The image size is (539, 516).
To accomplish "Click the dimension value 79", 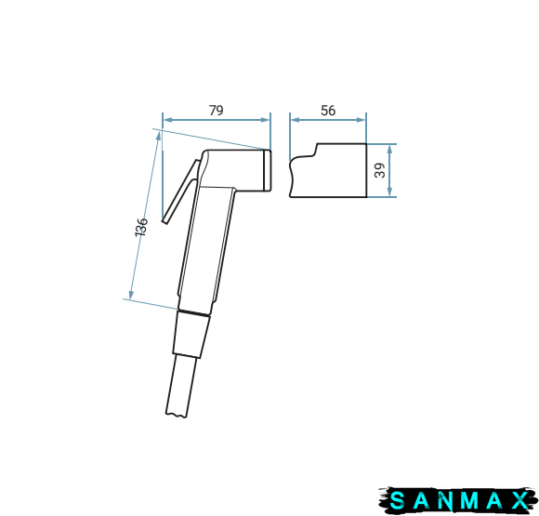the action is pyautogui.click(x=217, y=111).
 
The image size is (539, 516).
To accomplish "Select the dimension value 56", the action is pyautogui.click(x=328, y=111).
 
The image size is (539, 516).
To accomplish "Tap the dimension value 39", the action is pyautogui.click(x=380, y=170).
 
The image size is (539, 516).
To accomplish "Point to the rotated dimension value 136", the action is pyautogui.click(x=141, y=227).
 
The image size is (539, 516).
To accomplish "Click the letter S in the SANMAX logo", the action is pyautogui.click(x=398, y=500).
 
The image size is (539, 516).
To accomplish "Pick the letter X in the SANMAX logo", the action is pyautogui.click(x=519, y=500).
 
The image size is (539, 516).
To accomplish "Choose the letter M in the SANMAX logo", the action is pyautogui.click(x=469, y=500).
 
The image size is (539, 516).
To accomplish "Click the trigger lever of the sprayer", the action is pyautogui.click(x=180, y=192).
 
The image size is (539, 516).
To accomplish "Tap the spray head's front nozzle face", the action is pyautogui.click(x=268, y=170).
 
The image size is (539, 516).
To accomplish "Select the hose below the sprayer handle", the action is pyautogui.click(x=181, y=386).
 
